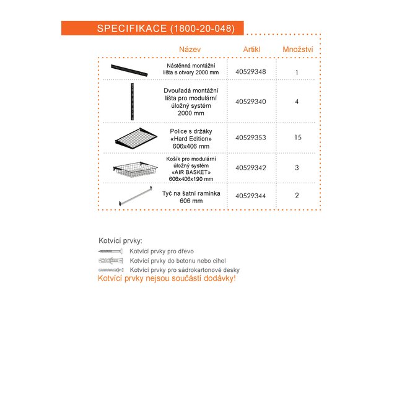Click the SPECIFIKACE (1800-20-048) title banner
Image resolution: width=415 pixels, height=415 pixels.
tap(152, 28)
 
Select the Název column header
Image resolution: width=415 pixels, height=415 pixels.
tap(190, 49)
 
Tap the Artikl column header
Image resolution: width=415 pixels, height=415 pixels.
tap(251, 49)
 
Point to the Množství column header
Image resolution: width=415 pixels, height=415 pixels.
tap(297, 49)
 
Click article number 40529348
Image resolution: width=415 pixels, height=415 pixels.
tap(251, 72)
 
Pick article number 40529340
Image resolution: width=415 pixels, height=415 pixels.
tap(251, 102)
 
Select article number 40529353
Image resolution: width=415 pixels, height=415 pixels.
tap(251, 138)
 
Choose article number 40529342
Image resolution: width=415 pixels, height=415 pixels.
tap(251, 168)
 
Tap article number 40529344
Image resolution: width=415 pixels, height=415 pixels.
tap(251, 196)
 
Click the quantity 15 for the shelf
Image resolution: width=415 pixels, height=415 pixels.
tap(298, 138)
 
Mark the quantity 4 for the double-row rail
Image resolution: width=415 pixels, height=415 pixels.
tap(297, 102)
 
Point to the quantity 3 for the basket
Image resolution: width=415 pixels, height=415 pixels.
tap(297, 167)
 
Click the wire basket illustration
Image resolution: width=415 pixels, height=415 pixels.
tap(135, 169)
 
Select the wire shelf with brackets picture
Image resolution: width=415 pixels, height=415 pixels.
tap(136, 138)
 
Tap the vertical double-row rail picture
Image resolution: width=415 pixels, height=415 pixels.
tap(133, 102)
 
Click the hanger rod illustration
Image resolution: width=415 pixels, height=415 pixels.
tap(136, 196)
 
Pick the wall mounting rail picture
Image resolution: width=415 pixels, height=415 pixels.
tap(129, 70)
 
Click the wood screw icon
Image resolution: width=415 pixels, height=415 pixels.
tap(110, 251)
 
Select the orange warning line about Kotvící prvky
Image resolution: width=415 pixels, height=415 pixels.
tap(167, 279)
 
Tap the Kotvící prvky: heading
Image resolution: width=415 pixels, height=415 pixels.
tap(120, 241)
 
